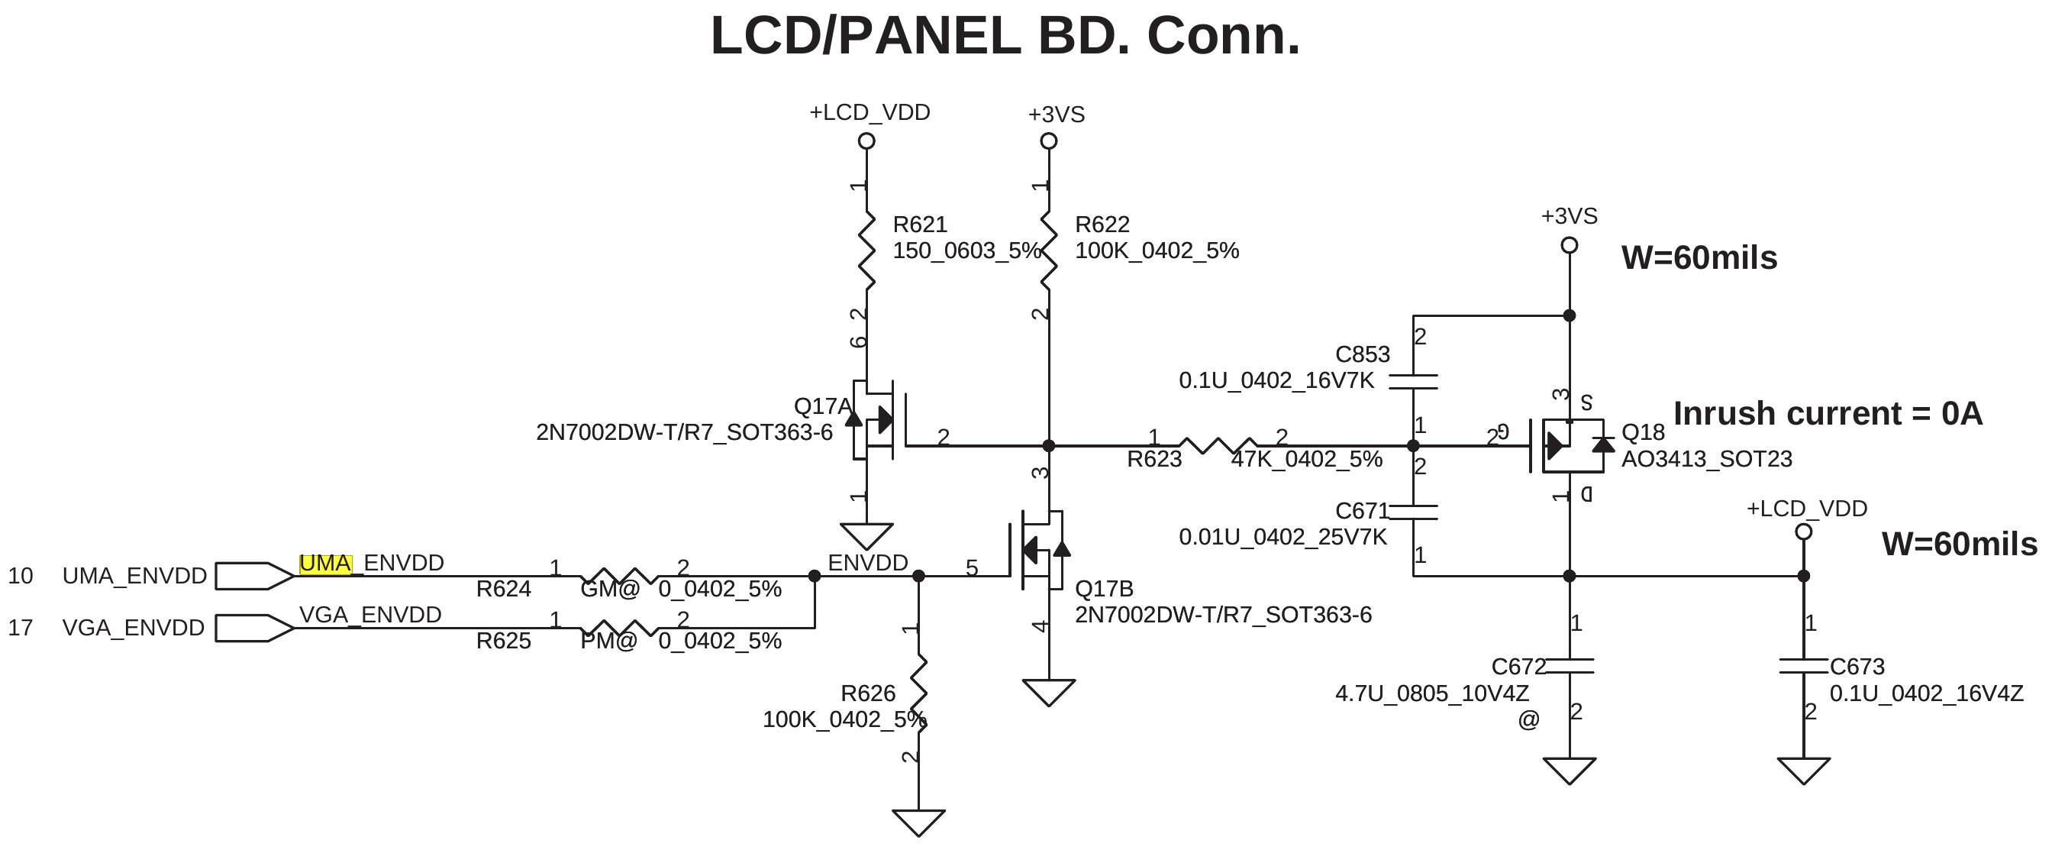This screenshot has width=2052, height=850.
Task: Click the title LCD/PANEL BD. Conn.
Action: (x=1005, y=37)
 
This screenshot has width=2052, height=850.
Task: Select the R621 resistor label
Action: (x=919, y=225)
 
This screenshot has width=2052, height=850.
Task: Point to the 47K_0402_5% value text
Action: (x=1306, y=460)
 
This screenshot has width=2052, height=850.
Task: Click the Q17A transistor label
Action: (x=821, y=406)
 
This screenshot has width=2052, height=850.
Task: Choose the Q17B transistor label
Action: (x=1103, y=589)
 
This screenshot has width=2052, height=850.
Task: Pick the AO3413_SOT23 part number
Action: (x=1706, y=460)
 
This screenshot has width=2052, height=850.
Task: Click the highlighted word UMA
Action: (x=325, y=563)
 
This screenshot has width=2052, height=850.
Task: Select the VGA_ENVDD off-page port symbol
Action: (x=254, y=628)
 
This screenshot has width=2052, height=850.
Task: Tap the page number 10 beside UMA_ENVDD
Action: (x=21, y=576)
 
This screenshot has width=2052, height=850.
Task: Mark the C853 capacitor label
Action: (x=1362, y=354)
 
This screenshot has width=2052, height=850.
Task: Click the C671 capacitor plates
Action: (x=1413, y=512)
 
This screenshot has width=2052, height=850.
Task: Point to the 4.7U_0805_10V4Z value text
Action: (x=1431, y=694)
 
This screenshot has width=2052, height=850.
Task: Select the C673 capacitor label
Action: (x=1856, y=667)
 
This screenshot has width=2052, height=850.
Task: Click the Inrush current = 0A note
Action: (x=1828, y=414)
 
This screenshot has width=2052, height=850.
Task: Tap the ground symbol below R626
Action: (x=918, y=821)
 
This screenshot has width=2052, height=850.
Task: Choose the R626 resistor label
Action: (x=867, y=694)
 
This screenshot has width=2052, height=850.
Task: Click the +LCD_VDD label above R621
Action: (x=869, y=113)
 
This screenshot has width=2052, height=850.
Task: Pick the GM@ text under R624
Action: (x=609, y=590)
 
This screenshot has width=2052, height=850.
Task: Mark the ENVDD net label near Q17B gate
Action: (x=867, y=563)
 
